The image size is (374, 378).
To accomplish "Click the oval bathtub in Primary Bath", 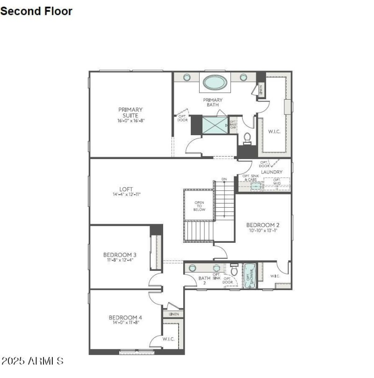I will [x=215, y=82].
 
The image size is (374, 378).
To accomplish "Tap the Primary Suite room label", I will [x=130, y=112].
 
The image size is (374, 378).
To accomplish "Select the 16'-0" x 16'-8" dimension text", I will [x=130, y=121].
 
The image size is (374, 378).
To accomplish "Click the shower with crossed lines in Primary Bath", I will [x=215, y=125].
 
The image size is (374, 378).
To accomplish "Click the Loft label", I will [x=126, y=189].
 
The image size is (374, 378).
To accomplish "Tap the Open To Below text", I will [x=200, y=206].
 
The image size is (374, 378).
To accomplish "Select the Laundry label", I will [x=272, y=172].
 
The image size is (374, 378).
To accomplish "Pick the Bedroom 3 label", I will [x=120, y=254].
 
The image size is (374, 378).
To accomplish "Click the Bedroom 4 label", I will [x=125, y=317].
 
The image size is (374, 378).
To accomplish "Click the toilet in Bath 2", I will [x=234, y=271].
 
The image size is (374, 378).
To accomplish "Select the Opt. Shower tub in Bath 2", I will [x=249, y=276].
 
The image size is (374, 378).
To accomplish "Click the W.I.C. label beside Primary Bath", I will [x=274, y=131].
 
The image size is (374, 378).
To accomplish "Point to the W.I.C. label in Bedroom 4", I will [x=169, y=339].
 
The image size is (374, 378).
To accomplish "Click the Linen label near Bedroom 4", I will [x=173, y=314].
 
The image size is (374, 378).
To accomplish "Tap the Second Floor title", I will [x=36, y=11].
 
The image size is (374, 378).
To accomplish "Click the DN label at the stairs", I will [x=224, y=179].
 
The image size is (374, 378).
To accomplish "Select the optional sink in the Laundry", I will [x=255, y=186].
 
